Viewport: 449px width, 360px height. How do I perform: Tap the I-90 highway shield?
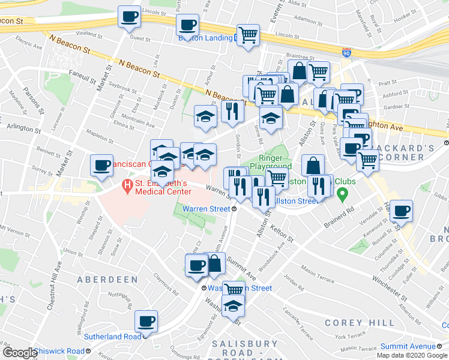click(x=347, y=53)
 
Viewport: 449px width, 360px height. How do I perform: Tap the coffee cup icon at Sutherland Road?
click(x=146, y=322)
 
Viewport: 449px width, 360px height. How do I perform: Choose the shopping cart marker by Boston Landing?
click(x=247, y=35)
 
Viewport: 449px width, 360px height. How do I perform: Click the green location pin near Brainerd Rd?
click(x=342, y=194)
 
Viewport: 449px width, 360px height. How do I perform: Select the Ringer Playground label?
click(x=271, y=161)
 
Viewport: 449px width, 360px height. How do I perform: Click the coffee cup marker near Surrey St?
click(x=101, y=165)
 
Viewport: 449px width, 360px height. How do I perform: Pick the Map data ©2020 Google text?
click(x=412, y=355)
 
